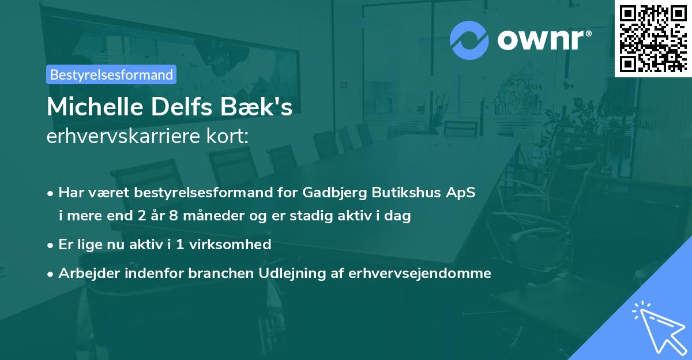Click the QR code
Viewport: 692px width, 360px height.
[x=653, y=38]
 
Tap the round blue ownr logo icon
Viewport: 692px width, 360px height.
[x=469, y=40]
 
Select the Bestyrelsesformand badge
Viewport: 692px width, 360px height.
[x=111, y=74]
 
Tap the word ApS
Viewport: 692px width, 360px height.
[x=462, y=192]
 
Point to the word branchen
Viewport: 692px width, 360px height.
[x=215, y=273]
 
